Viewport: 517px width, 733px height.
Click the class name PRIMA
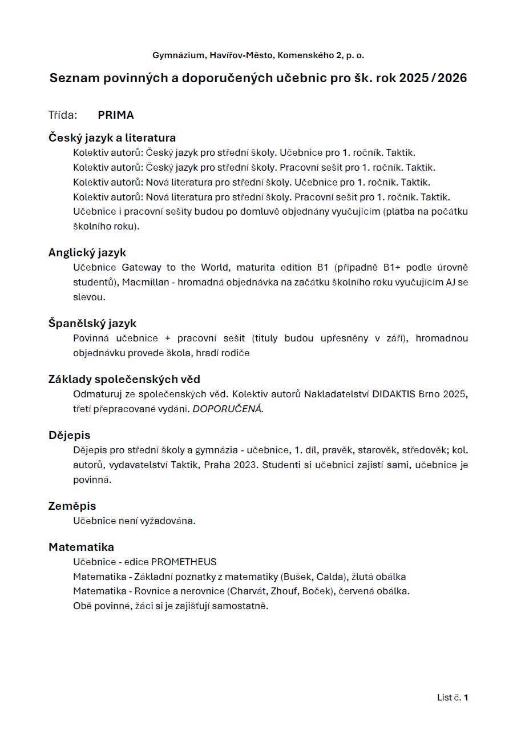[x=116, y=115]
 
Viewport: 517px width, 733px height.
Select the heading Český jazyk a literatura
[x=112, y=138]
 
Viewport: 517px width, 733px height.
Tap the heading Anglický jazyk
[x=87, y=252]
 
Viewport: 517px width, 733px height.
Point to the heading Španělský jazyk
[x=92, y=323]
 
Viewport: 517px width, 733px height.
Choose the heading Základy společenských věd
[x=124, y=379]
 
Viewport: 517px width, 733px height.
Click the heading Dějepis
[x=69, y=435]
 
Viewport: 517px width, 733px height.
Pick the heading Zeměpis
[x=72, y=506]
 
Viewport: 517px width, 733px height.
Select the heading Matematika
[x=81, y=547]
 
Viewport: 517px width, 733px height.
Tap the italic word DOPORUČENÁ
[x=228, y=409]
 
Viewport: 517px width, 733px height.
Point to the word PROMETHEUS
[x=184, y=562]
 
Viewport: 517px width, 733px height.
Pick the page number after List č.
[x=466, y=698]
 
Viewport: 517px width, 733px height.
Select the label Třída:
[x=63, y=115]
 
